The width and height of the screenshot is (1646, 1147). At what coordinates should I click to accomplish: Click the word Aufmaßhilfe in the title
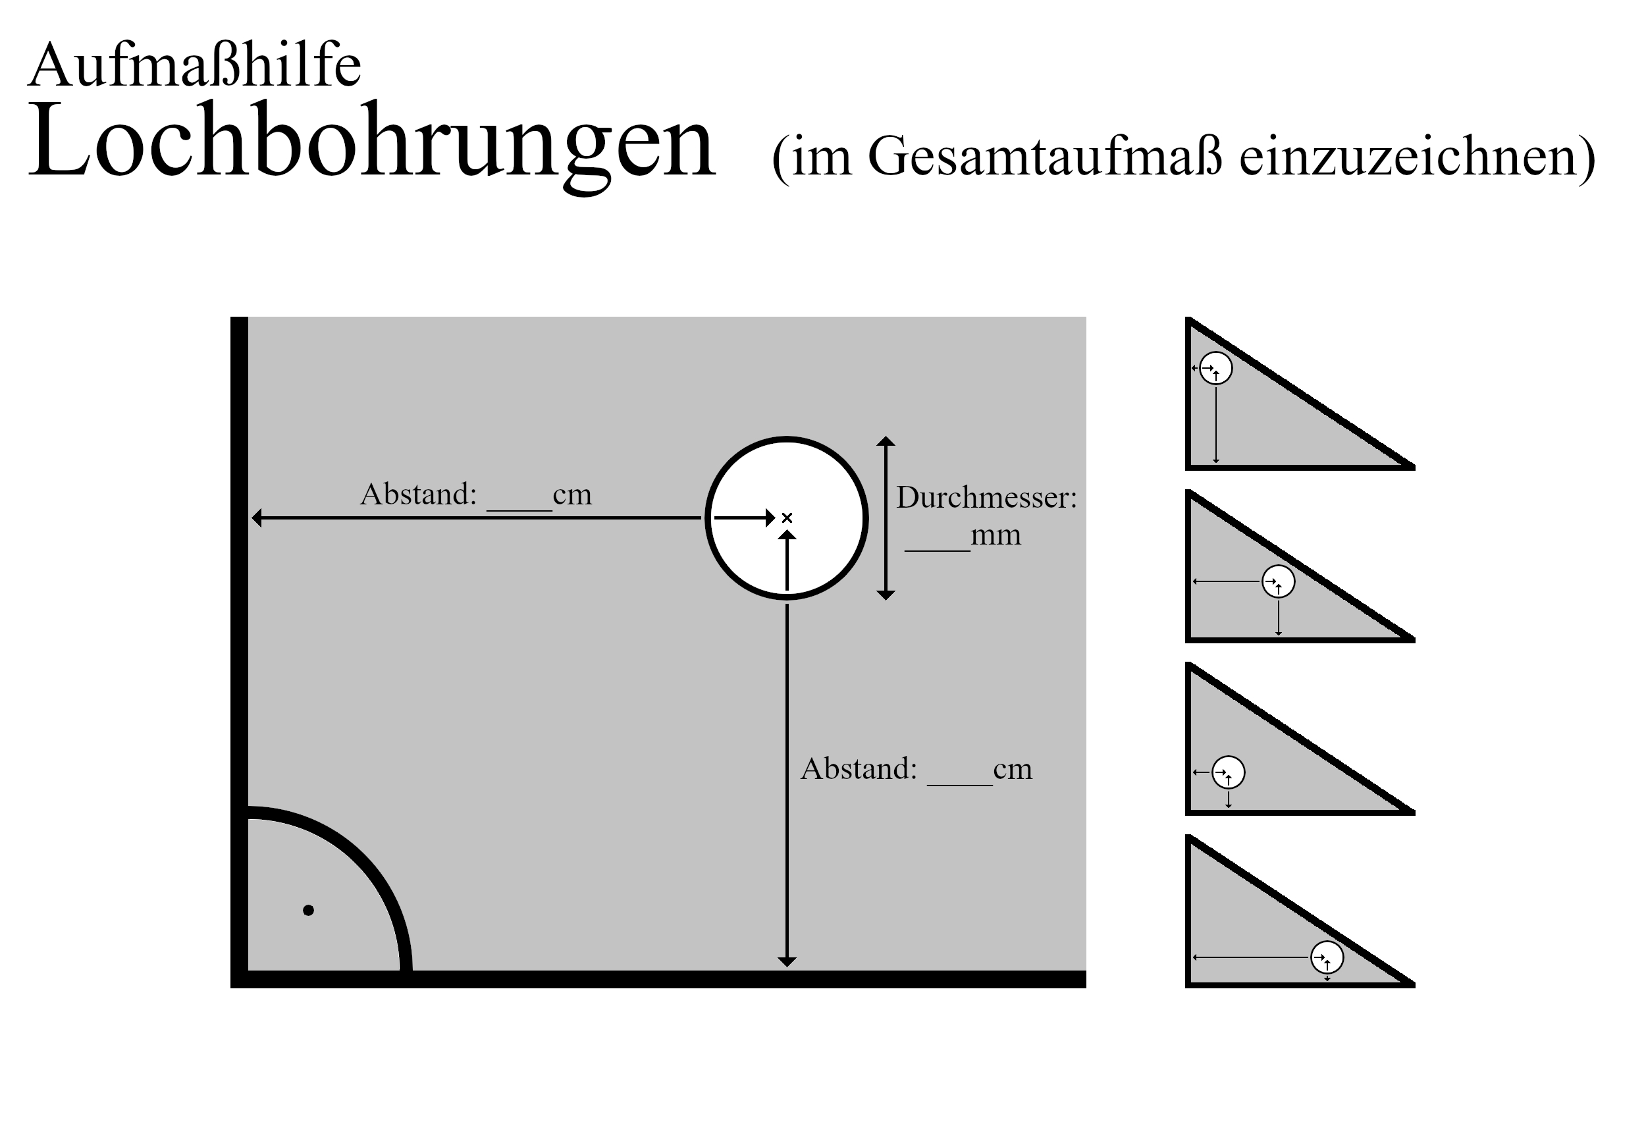click(194, 65)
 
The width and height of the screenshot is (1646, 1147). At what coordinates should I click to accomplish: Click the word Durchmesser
click(986, 497)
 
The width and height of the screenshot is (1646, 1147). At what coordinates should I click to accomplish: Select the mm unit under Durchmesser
click(996, 535)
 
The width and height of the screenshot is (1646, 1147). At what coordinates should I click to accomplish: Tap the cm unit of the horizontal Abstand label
click(572, 494)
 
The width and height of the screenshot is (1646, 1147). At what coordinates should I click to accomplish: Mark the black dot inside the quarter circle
click(308, 911)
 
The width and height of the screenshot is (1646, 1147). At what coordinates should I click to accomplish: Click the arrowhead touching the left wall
click(257, 518)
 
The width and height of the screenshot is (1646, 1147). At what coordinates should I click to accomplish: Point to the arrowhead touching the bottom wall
click(787, 962)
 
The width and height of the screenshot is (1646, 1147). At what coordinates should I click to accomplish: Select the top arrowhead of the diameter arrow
click(886, 441)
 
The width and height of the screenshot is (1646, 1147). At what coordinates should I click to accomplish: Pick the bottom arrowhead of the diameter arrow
click(886, 595)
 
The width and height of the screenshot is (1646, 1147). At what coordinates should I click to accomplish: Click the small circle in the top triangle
click(1216, 369)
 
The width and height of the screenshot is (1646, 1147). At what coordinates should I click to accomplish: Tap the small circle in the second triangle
click(1278, 581)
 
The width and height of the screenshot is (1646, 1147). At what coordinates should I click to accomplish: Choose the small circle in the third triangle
click(1228, 772)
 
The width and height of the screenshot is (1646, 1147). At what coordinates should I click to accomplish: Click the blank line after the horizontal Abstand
click(519, 510)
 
